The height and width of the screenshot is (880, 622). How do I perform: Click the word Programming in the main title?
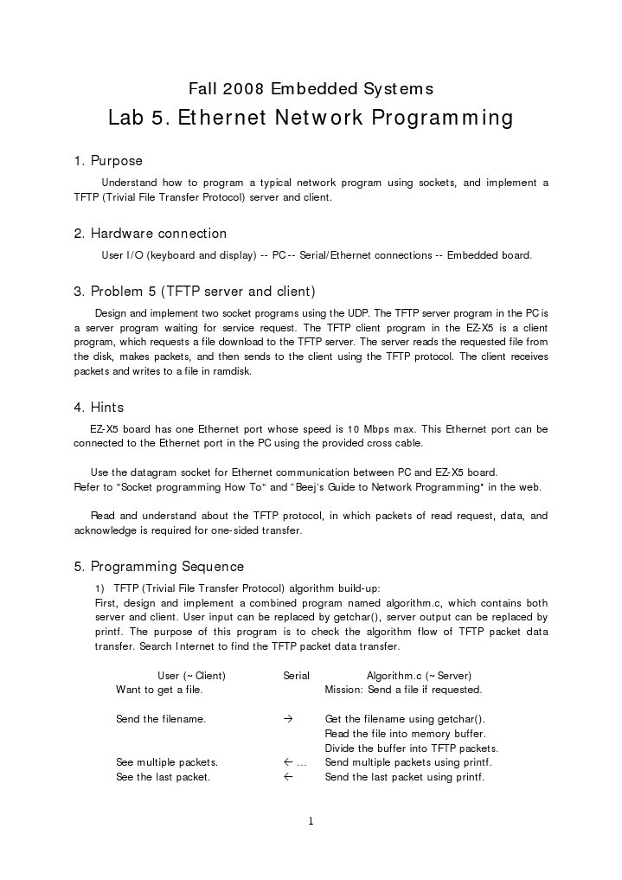tap(442, 119)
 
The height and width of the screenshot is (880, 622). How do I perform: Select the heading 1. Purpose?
tap(108, 161)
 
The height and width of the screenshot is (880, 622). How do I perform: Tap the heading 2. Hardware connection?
tap(150, 234)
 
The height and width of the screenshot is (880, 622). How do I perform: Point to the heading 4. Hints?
tap(99, 408)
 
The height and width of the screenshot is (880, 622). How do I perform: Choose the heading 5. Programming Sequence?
tap(158, 567)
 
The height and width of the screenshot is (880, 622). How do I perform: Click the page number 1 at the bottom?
tap(311, 821)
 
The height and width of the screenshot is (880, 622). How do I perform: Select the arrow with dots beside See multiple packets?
tap(295, 762)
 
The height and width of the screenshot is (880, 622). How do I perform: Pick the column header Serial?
tap(296, 675)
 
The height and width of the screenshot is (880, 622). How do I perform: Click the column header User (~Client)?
tap(191, 675)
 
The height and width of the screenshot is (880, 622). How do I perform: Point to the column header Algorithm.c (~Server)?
tap(419, 675)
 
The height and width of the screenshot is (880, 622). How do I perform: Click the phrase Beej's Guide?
tap(328, 486)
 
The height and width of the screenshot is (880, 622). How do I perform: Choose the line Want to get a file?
tap(159, 690)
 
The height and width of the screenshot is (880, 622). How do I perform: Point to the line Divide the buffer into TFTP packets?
tap(411, 748)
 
